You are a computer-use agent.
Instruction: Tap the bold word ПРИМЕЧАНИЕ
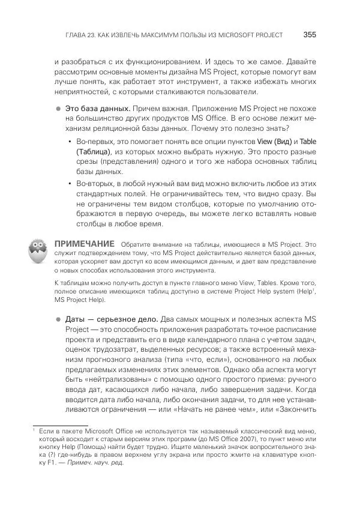tap(84, 244)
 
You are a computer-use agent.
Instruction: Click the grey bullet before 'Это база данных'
tap(59, 109)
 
